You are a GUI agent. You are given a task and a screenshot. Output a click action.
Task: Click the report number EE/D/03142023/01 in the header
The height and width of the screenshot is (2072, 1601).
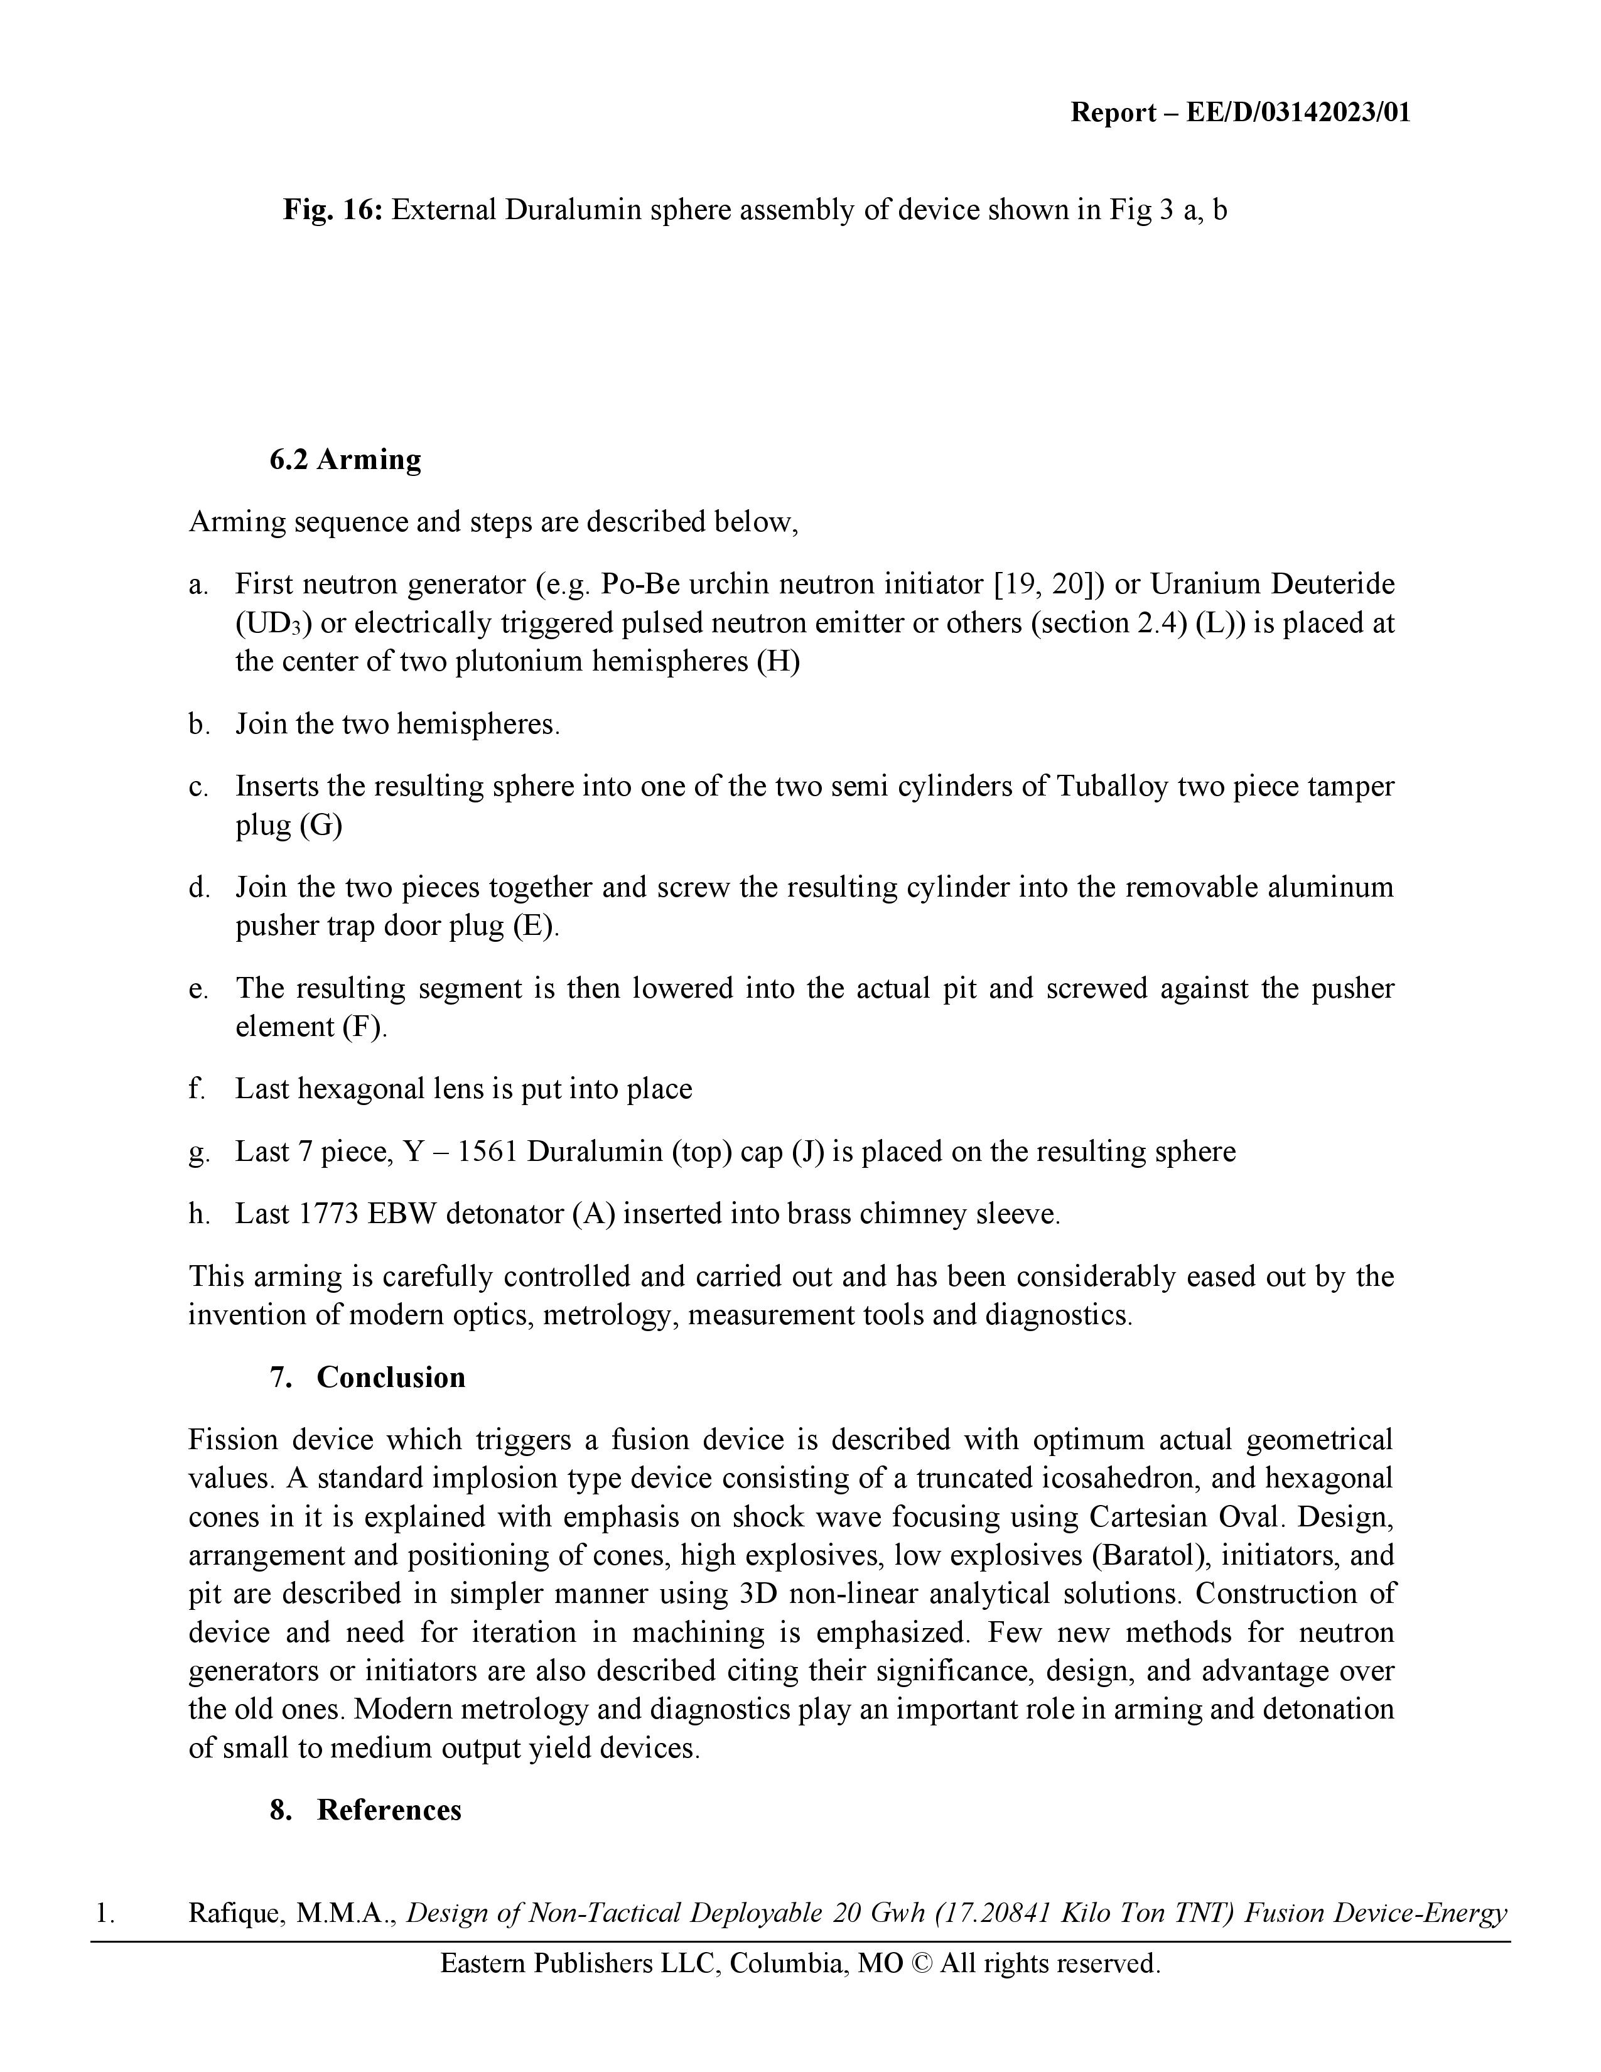(x=1298, y=113)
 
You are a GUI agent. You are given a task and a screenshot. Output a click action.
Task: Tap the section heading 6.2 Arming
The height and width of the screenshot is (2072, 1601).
(x=345, y=459)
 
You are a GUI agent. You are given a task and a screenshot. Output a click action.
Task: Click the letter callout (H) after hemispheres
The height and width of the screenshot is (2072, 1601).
(x=778, y=661)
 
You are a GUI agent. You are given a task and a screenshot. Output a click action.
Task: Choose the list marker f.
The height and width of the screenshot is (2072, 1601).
(x=197, y=1089)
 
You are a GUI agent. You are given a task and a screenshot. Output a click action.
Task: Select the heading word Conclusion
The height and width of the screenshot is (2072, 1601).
(x=391, y=1378)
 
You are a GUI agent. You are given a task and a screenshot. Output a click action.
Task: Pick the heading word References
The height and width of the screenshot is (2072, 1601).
(x=389, y=1810)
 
